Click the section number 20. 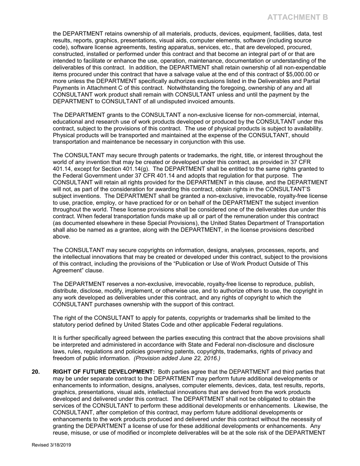pos(35,372)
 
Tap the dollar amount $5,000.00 pos(299,74)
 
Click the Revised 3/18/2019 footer pos(51,445)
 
